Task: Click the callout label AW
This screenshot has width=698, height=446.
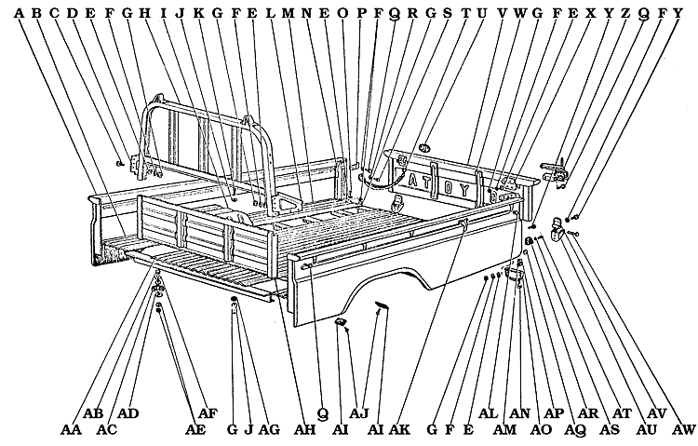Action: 683,429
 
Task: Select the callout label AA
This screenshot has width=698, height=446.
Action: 70,429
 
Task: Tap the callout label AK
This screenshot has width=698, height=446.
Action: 400,429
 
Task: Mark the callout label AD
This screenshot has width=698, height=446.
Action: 128,412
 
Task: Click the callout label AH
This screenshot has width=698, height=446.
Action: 304,429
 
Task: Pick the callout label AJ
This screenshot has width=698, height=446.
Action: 360,412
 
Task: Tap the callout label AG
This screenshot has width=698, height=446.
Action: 270,429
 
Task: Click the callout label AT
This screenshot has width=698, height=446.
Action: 623,412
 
